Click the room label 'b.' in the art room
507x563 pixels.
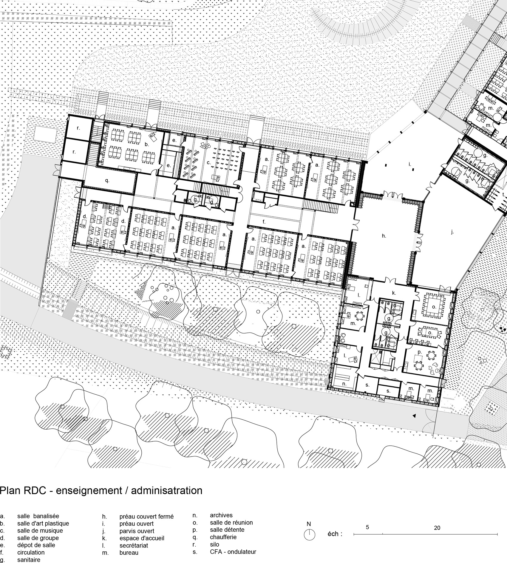point(147,144)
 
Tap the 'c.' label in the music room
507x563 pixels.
point(209,163)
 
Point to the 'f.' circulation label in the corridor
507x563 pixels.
point(264,222)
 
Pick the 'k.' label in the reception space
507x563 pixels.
point(394,293)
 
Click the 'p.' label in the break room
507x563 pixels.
point(420,352)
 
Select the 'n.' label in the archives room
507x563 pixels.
point(344,384)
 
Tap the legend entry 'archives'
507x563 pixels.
point(221,515)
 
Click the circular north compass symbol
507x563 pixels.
point(309,534)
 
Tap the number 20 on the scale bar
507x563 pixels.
point(437,528)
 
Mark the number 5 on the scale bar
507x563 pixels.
point(367,527)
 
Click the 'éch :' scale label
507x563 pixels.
point(335,534)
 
